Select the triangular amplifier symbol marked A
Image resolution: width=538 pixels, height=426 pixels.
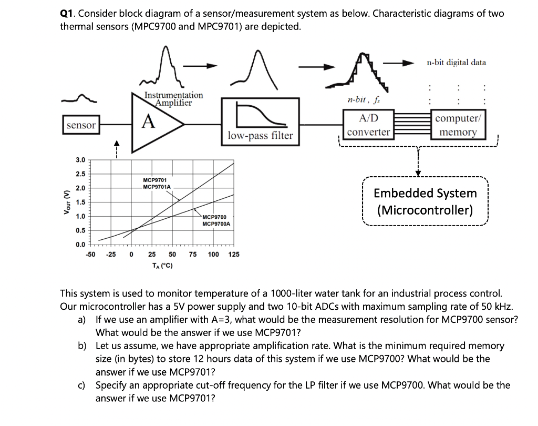152,123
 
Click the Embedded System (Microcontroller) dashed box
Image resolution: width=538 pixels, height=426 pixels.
425,201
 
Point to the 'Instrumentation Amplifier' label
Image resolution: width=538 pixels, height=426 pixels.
173,99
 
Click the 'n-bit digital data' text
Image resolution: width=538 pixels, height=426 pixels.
456,62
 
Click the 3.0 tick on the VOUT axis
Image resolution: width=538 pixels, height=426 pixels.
80,159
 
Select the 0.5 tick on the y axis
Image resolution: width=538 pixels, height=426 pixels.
80,230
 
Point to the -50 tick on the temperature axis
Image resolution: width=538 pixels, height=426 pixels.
90,255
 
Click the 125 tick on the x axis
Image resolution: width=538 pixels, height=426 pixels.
234,255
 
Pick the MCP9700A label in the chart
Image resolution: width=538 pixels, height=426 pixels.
216,224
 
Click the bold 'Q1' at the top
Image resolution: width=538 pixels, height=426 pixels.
66,14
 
